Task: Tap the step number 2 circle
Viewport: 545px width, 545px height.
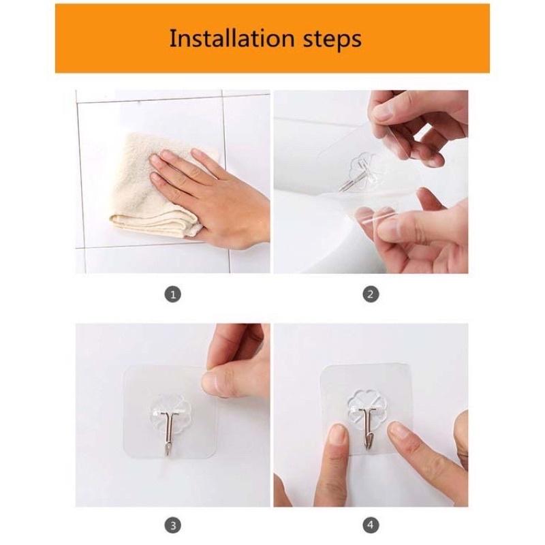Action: (371, 295)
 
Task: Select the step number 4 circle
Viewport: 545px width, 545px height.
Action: (371, 526)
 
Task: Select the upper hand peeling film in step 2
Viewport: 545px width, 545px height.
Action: (416, 123)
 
